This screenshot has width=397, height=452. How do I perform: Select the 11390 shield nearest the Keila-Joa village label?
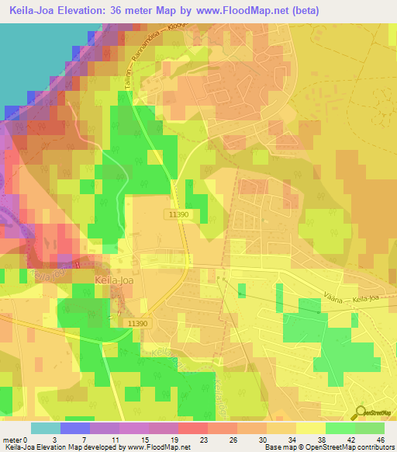(137, 323)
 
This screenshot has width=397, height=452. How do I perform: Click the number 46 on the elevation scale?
(380, 440)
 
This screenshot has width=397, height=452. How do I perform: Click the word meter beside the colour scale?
(13, 440)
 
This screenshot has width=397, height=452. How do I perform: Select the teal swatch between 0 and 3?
(46, 428)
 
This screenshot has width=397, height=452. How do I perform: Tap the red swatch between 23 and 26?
(193, 428)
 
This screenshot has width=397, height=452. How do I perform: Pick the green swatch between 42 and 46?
(369, 428)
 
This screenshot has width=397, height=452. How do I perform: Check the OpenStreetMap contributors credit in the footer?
(334, 448)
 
